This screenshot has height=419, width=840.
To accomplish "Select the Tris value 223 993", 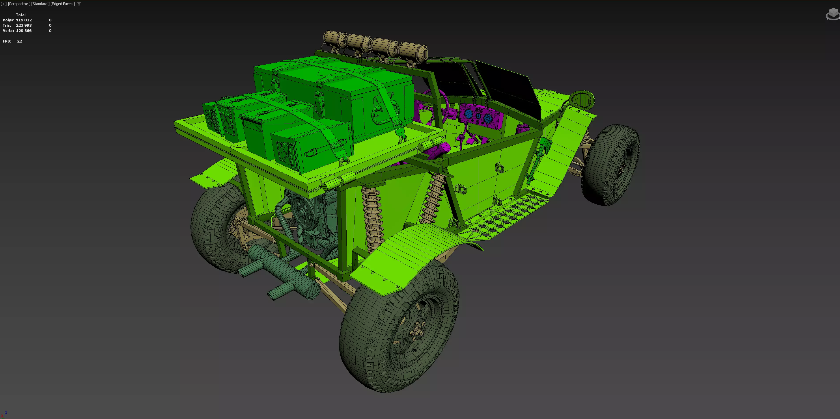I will tap(24, 25).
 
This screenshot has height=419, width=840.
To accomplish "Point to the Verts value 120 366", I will tap(24, 31).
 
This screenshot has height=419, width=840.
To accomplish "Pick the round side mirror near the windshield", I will tap(582, 99).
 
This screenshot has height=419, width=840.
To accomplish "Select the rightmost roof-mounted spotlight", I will tap(413, 52).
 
